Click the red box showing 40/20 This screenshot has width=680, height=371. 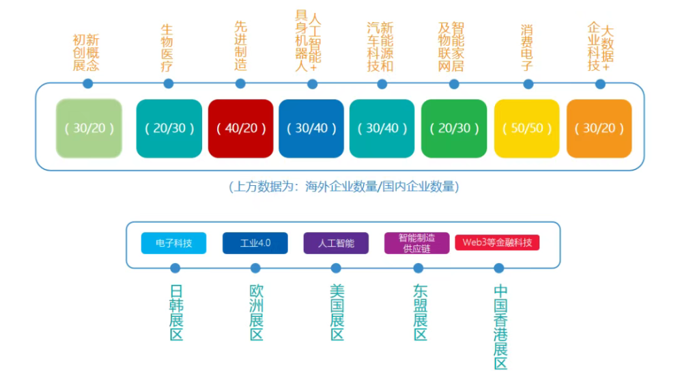pyautogui.click(x=240, y=128)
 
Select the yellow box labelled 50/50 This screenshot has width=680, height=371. pyautogui.click(x=526, y=128)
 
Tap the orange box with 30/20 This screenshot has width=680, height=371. pyautogui.click(x=599, y=128)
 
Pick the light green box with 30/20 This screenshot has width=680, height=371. pyautogui.click(x=89, y=128)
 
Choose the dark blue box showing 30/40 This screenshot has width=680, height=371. pyautogui.click(x=311, y=128)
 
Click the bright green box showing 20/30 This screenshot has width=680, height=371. pyautogui.click(x=453, y=128)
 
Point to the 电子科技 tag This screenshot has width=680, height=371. pyautogui.click(x=173, y=243)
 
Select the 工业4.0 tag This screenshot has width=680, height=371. pyautogui.click(x=255, y=243)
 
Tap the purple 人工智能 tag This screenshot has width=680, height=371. pyautogui.click(x=336, y=243)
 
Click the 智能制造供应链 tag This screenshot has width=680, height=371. pyautogui.click(x=416, y=243)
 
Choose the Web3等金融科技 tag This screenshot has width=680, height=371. pyautogui.click(x=497, y=243)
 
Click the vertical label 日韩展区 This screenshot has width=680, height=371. pyautogui.click(x=175, y=312)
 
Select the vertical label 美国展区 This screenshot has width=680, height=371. pyautogui.click(x=337, y=312)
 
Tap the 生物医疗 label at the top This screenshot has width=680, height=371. pyautogui.click(x=167, y=48)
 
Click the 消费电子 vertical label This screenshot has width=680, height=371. pyautogui.click(x=526, y=48)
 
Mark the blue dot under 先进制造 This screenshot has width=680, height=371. pyautogui.click(x=240, y=84)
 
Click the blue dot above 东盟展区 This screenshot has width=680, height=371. pyautogui.click(x=419, y=269)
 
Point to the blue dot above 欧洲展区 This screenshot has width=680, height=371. pyautogui.click(x=255, y=269)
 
